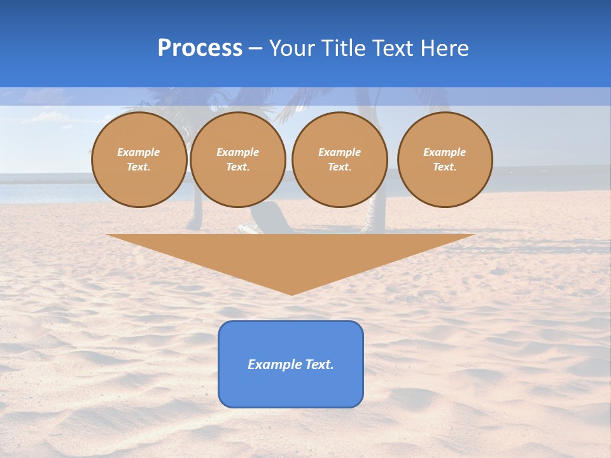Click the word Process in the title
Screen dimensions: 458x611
[200, 48]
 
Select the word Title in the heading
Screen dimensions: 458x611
[345, 48]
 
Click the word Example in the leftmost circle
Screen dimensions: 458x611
[139, 152]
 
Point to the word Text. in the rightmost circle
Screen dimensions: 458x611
[445, 167]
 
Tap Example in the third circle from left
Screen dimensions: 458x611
[339, 152]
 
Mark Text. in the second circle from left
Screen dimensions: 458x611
[237, 167]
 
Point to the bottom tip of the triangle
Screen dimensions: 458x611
[291, 293]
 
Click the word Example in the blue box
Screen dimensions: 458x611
[274, 364]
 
